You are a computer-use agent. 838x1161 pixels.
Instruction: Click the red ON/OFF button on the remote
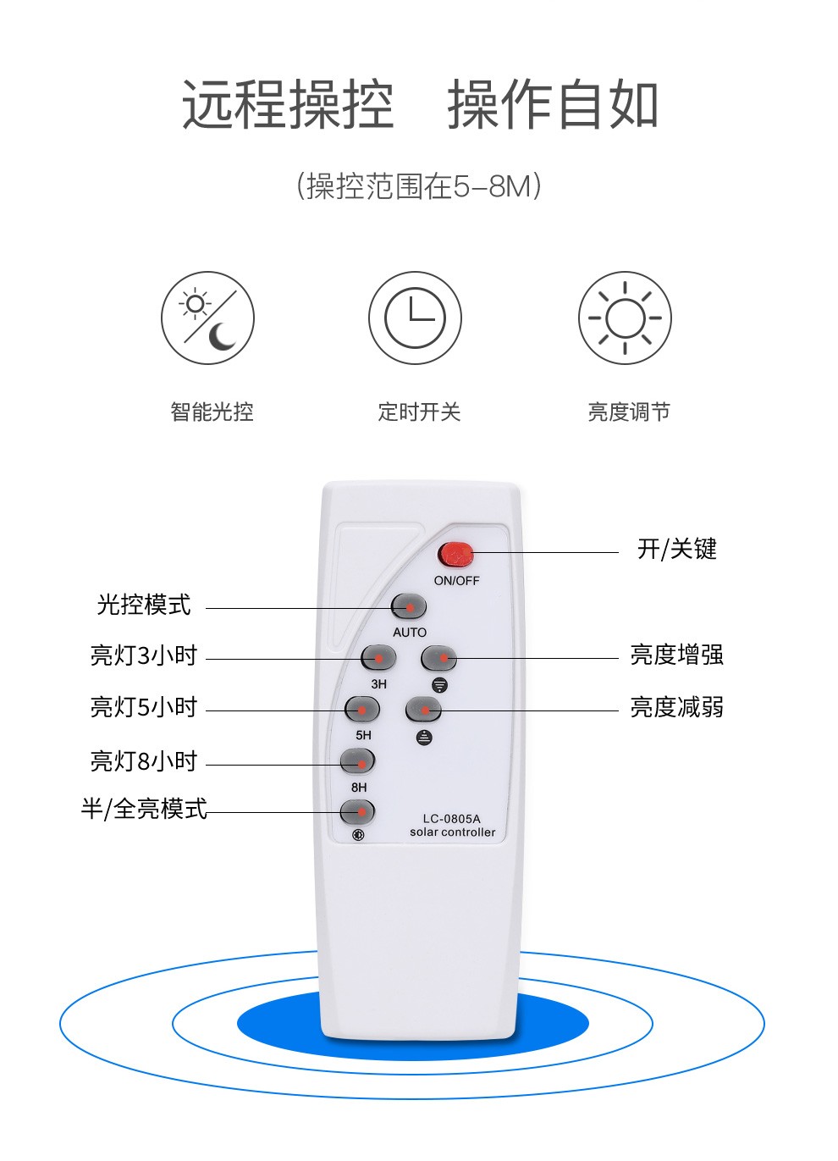tap(455, 555)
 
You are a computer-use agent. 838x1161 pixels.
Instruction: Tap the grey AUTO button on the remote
tap(409, 606)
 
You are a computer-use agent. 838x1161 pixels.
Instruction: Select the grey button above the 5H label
tap(362, 709)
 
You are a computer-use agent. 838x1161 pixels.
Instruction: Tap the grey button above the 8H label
tap(357, 761)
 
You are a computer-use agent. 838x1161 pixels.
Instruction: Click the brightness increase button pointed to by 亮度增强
tap(438, 658)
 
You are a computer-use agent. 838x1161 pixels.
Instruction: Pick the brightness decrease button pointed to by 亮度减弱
tap(424, 709)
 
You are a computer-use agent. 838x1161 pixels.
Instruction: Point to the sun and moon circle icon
tap(207, 318)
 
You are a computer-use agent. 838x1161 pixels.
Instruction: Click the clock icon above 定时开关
tap(415, 318)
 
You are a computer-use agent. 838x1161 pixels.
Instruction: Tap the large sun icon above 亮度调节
tap(625, 318)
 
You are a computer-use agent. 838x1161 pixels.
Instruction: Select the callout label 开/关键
tap(677, 549)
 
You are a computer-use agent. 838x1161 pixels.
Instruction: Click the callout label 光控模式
tap(144, 605)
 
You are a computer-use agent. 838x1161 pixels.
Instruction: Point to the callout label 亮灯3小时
tap(144, 655)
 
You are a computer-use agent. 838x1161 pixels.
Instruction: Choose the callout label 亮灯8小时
tap(144, 760)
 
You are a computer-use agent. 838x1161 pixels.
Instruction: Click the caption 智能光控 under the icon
tap(212, 412)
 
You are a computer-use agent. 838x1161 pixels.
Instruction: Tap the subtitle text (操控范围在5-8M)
tap(419, 186)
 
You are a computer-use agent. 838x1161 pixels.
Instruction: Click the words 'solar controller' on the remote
tap(452, 832)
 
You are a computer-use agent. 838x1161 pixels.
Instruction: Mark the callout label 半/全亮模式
tap(144, 809)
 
